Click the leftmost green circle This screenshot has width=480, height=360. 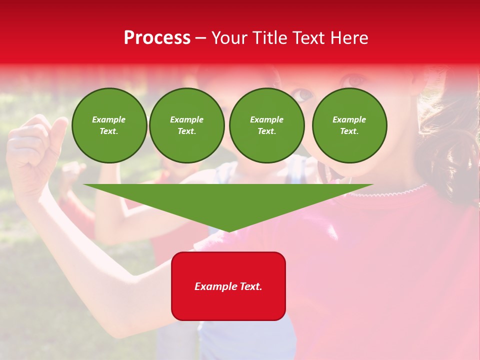(x=109, y=125)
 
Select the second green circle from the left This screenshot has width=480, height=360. (x=187, y=125)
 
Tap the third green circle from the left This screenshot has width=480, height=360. (x=267, y=125)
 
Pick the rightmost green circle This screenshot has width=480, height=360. (x=349, y=125)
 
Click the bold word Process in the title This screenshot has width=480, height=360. (x=157, y=38)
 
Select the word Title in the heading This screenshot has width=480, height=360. (x=270, y=38)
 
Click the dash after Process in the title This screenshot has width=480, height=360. (x=200, y=38)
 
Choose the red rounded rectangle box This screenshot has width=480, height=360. (x=228, y=286)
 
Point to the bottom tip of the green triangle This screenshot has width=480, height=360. (x=229, y=231)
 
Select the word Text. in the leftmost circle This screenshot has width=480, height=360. (x=109, y=131)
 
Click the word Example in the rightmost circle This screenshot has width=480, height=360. (x=349, y=119)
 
